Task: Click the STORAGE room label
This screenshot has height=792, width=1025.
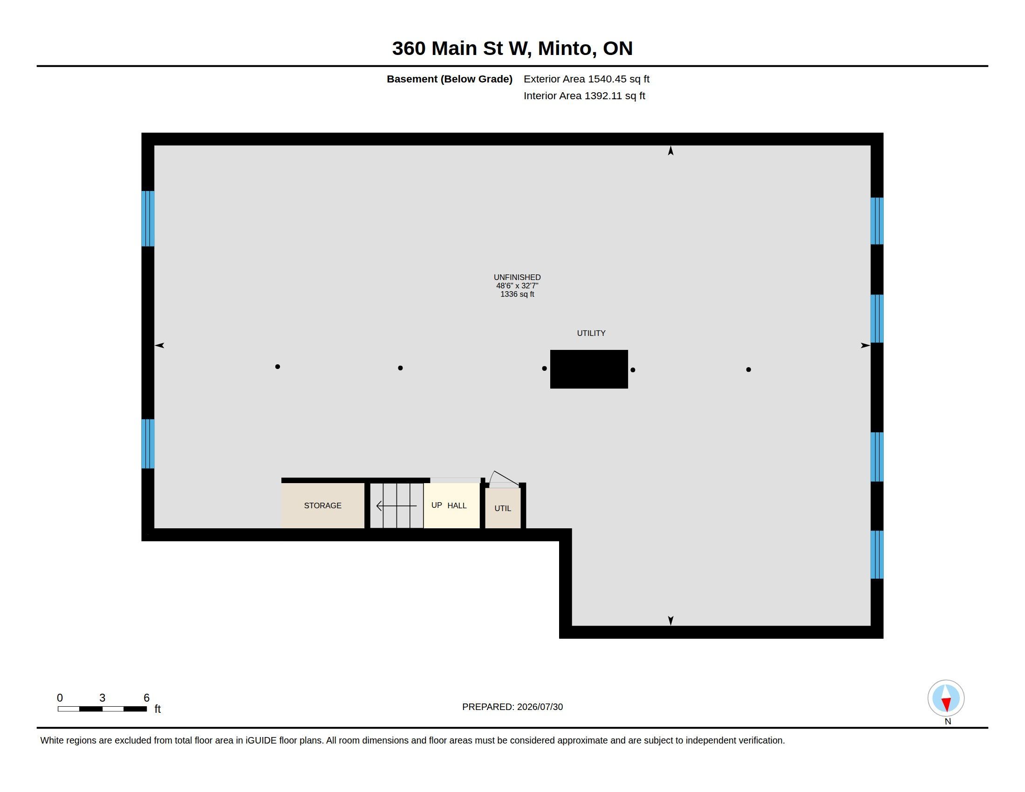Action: pyautogui.click(x=322, y=505)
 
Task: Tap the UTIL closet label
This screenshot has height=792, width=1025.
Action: pyautogui.click(x=503, y=508)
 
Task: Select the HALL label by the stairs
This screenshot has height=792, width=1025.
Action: pyautogui.click(x=457, y=505)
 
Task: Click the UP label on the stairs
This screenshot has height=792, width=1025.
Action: pyautogui.click(x=437, y=505)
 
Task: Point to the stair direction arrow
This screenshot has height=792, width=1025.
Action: pyautogui.click(x=396, y=506)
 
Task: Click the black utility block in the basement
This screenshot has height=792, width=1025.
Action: pyautogui.click(x=588, y=369)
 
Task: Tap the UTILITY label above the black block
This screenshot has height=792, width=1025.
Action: pyautogui.click(x=591, y=333)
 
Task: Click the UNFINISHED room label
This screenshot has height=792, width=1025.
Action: pyautogui.click(x=517, y=277)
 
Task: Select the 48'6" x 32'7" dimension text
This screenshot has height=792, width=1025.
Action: pyautogui.click(x=517, y=286)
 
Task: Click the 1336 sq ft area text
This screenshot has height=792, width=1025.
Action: pyautogui.click(x=517, y=294)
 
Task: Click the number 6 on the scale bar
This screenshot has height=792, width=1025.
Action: pyautogui.click(x=146, y=698)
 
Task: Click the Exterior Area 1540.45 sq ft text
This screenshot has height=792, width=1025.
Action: pyautogui.click(x=587, y=79)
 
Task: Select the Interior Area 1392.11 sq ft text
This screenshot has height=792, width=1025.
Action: pyautogui.click(x=584, y=96)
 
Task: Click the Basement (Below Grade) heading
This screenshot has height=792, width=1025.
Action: pyautogui.click(x=449, y=79)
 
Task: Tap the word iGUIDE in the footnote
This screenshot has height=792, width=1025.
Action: pyautogui.click(x=261, y=740)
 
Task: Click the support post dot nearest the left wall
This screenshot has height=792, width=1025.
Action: pyautogui.click(x=277, y=367)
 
